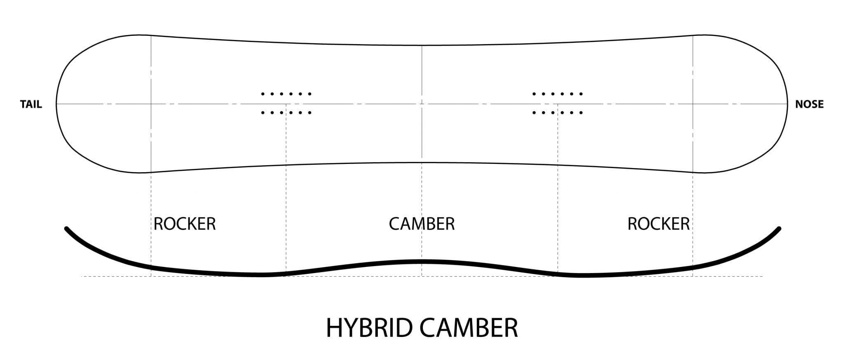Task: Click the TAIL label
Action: click(31, 104)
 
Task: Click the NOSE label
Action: click(809, 104)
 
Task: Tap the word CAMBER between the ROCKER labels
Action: click(422, 224)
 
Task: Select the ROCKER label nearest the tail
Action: click(185, 224)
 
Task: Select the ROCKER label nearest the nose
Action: click(659, 224)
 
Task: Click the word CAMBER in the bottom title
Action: click(469, 328)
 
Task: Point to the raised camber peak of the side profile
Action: click(422, 261)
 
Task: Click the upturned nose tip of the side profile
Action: click(779, 228)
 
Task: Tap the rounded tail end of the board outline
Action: click(56, 104)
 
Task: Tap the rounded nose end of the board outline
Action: click(787, 104)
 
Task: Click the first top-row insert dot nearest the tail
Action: click(263, 94)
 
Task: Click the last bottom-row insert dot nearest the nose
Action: click(581, 112)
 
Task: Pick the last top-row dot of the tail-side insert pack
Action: click(310, 94)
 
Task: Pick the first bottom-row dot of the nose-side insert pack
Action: click(534, 112)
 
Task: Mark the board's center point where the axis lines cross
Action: click(422, 104)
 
